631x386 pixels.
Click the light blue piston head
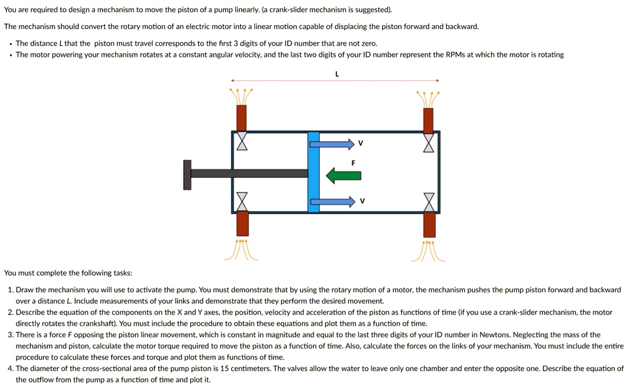point(314,172)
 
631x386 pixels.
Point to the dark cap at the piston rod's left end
point(187,175)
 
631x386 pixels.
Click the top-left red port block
point(242,118)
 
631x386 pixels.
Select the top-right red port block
point(428,120)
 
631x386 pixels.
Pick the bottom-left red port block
point(242,224)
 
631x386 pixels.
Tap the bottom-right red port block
point(429,224)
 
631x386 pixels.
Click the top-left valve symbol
point(242,141)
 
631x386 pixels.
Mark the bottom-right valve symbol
point(429,202)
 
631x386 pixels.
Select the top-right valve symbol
point(428,142)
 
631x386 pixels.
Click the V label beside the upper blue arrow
point(361,144)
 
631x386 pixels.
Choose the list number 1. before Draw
point(10,290)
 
